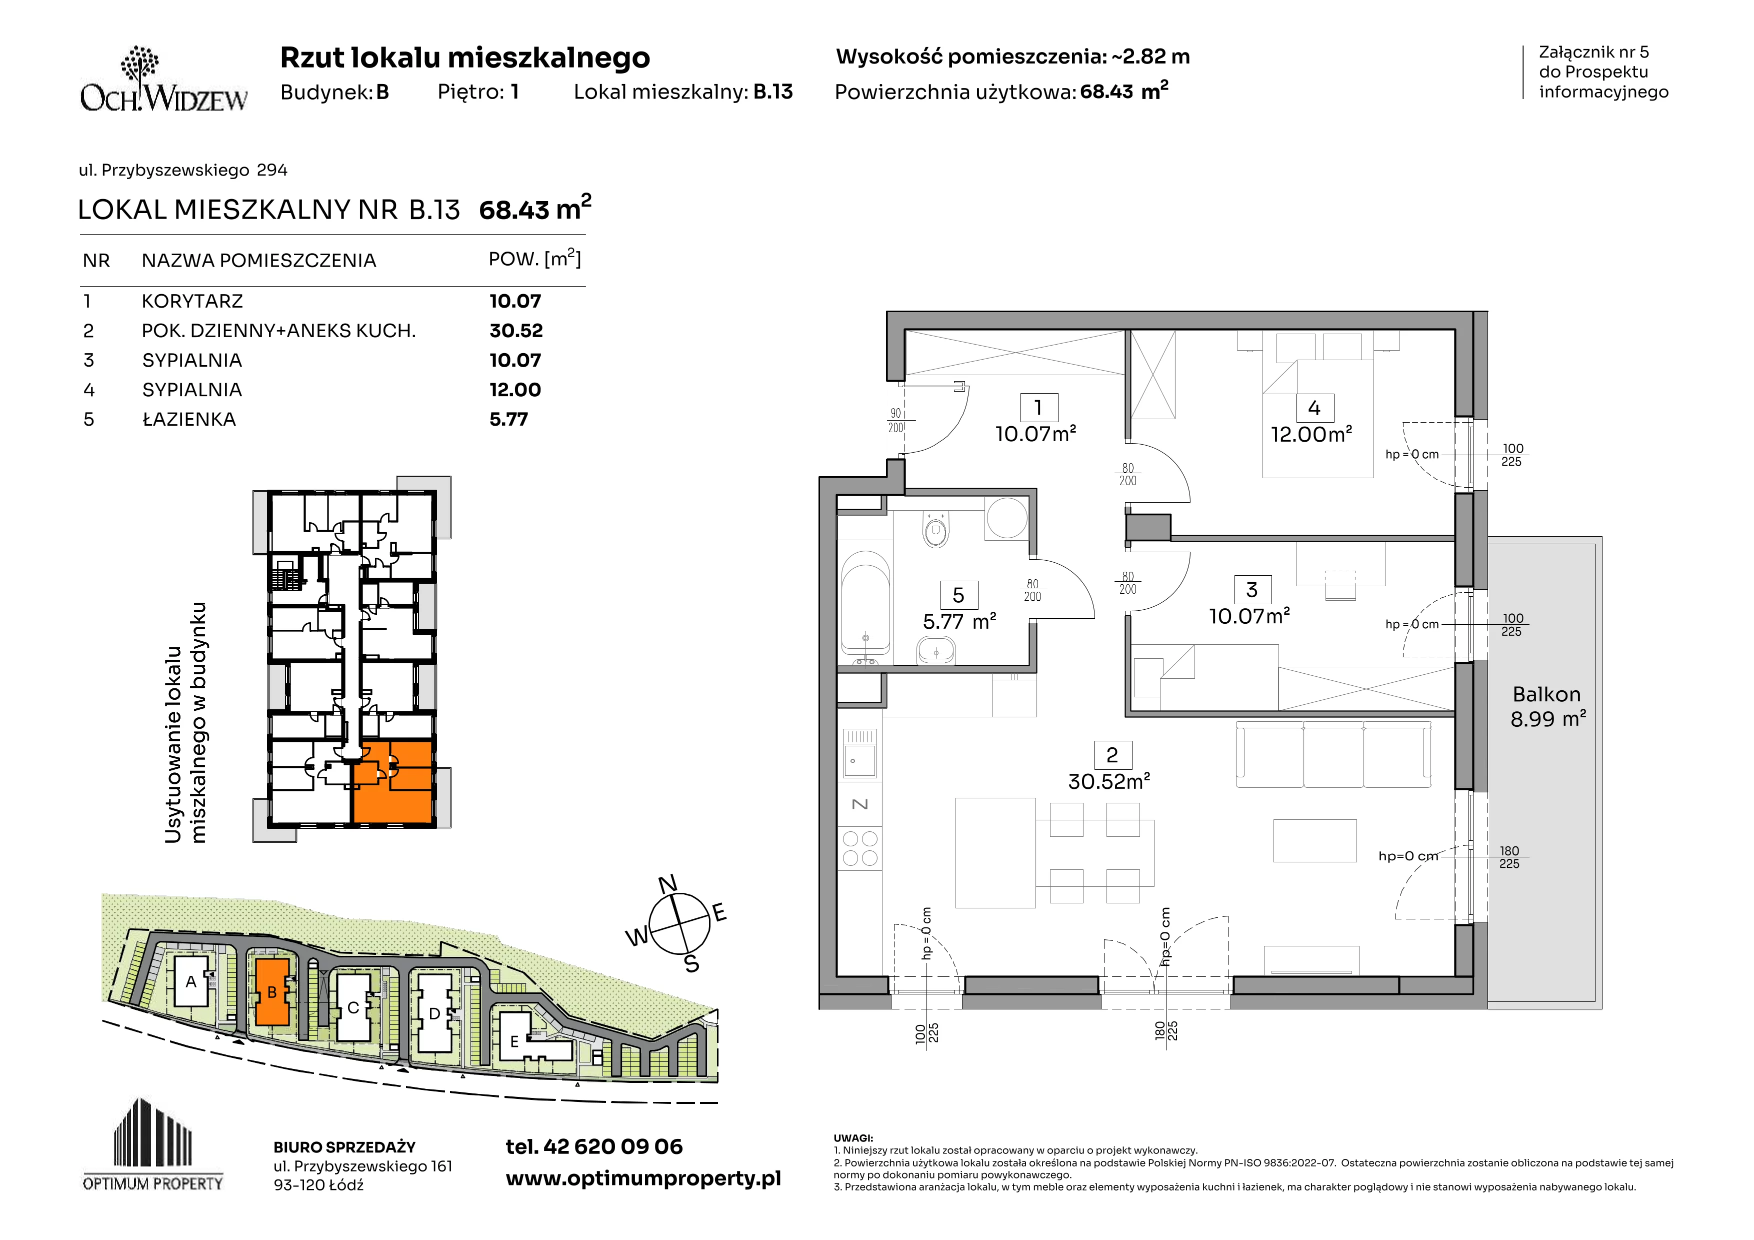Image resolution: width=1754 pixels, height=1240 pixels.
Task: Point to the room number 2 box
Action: pos(1112,755)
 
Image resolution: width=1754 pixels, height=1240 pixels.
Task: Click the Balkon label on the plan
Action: pos(1547,694)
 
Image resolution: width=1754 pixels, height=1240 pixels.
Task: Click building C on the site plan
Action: pos(353,1007)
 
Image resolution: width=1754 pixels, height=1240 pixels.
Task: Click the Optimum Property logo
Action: pos(153,1144)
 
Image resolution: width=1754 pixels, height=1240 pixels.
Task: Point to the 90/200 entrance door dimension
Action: pos(896,420)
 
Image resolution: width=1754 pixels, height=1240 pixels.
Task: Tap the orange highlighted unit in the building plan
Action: pos(392,782)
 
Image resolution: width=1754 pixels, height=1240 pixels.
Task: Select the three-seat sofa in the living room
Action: pos(1333,754)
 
